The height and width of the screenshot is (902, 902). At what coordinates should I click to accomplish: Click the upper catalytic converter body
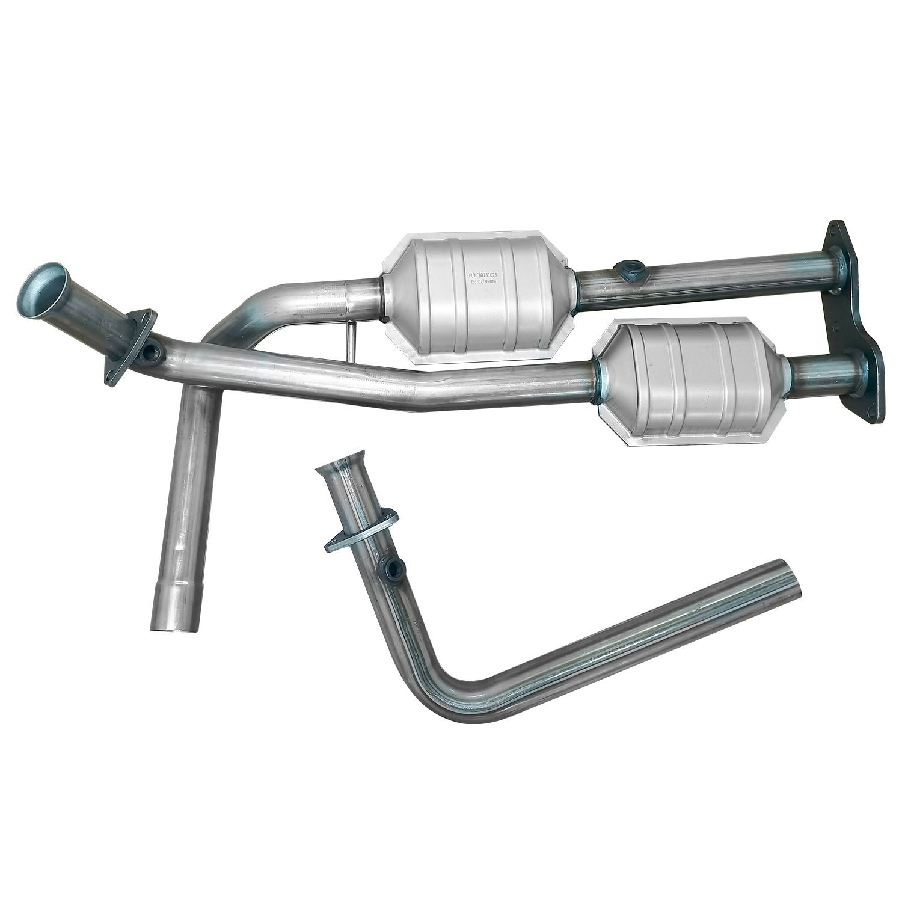[475, 295]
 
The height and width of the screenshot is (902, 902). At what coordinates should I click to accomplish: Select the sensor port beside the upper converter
[628, 269]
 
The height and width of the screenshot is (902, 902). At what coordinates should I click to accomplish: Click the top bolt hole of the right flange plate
[835, 231]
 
